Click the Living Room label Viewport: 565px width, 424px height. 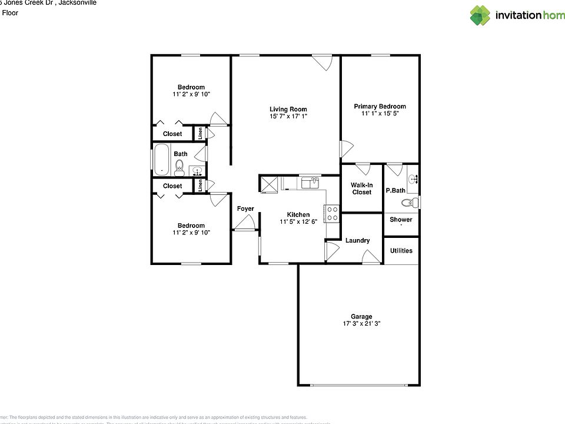[x=288, y=109]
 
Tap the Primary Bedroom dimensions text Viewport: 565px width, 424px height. [x=380, y=114]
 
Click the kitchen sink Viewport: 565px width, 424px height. [x=310, y=183]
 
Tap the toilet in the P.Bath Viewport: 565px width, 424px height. [x=410, y=203]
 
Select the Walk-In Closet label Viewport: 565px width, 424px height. [x=362, y=188]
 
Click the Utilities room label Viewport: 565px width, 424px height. [x=401, y=250]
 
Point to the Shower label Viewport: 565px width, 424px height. [x=401, y=220]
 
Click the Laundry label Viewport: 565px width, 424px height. [x=357, y=240]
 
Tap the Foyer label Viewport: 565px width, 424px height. [x=245, y=209]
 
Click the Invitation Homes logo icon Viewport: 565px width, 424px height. [x=480, y=15]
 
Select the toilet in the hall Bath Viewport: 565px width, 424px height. [x=180, y=168]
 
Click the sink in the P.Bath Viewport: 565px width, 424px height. [x=413, y=178]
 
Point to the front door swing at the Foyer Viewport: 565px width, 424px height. [x=245, y=223]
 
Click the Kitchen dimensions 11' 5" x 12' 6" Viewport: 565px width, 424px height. [x=298, y=222]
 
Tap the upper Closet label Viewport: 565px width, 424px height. [x=172, y=134]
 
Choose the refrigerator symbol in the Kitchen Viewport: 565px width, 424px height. [x=270, y=184]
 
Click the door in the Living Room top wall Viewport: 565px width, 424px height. [x=323, y=62]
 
